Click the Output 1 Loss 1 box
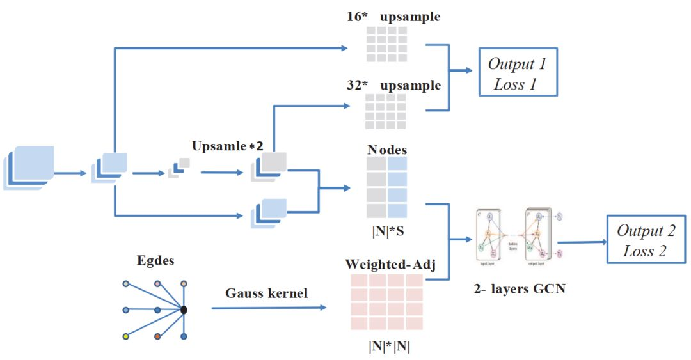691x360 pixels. click(518, 72)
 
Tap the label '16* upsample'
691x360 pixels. click(393, 17)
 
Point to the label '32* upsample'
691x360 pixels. click(393, 86)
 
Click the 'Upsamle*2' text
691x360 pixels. click(228, 146)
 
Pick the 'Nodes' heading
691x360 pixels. click(387, 150)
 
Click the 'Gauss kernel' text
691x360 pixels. click(266, 293)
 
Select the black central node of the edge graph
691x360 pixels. click(184, 310)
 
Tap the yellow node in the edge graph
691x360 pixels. click(127, 336)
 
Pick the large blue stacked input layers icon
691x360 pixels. click(29, 167)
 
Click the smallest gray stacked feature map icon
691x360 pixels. click(179, 168)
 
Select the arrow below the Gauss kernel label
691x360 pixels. click(268, 308)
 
